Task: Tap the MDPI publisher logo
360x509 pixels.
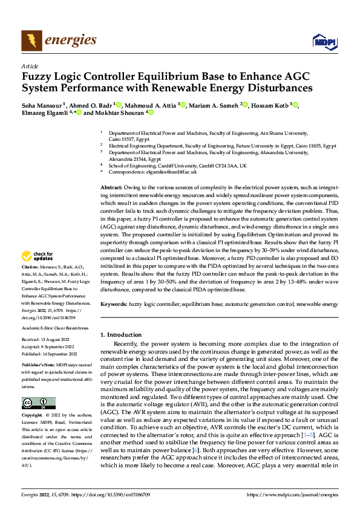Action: tap(322, 41)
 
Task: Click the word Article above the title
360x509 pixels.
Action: tap(29, 66)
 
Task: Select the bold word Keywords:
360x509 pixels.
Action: tap(113, 305)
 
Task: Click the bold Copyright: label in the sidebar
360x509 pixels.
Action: tap(33, 416)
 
